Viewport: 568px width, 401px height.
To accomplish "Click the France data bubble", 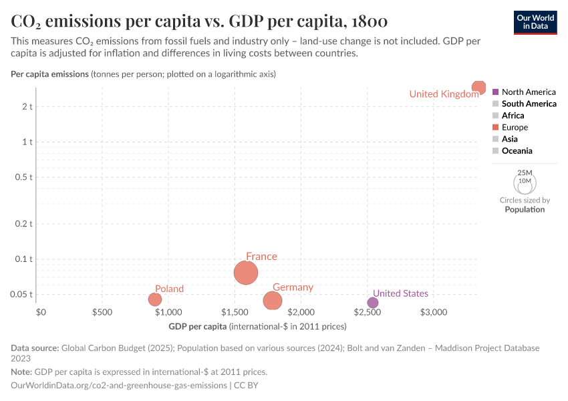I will (x=246, y=273).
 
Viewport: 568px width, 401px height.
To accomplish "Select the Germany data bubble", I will (x=272, y=301).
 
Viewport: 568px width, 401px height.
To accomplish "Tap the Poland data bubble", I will (x=155, y=299).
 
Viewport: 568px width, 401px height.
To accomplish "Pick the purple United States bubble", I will (x=373, y=303).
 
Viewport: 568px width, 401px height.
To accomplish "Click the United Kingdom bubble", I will (x=478, y=88).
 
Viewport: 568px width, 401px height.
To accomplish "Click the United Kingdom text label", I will (x=444, y=94).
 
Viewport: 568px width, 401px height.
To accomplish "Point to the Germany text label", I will (x=293, y=287).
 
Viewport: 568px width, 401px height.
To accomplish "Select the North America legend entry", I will (x=528, y=92).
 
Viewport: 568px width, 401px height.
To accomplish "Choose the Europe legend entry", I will (x=515, y=127).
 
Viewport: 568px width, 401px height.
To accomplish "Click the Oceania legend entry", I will (x=517, y=151).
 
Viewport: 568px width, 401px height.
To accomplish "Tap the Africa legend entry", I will (x=513, y=116).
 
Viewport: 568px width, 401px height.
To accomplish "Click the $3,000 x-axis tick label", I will (x=434, y=312).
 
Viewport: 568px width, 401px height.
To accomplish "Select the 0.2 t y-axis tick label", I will (x=23, y=223).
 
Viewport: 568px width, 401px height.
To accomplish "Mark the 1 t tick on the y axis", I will (x=26, y=142).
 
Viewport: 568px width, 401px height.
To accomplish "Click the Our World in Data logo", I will (x=535, y=22).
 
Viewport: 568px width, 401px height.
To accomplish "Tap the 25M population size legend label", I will (x=525, y=172).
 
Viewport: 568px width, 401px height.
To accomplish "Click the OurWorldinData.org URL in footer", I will (x=119, y=385).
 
